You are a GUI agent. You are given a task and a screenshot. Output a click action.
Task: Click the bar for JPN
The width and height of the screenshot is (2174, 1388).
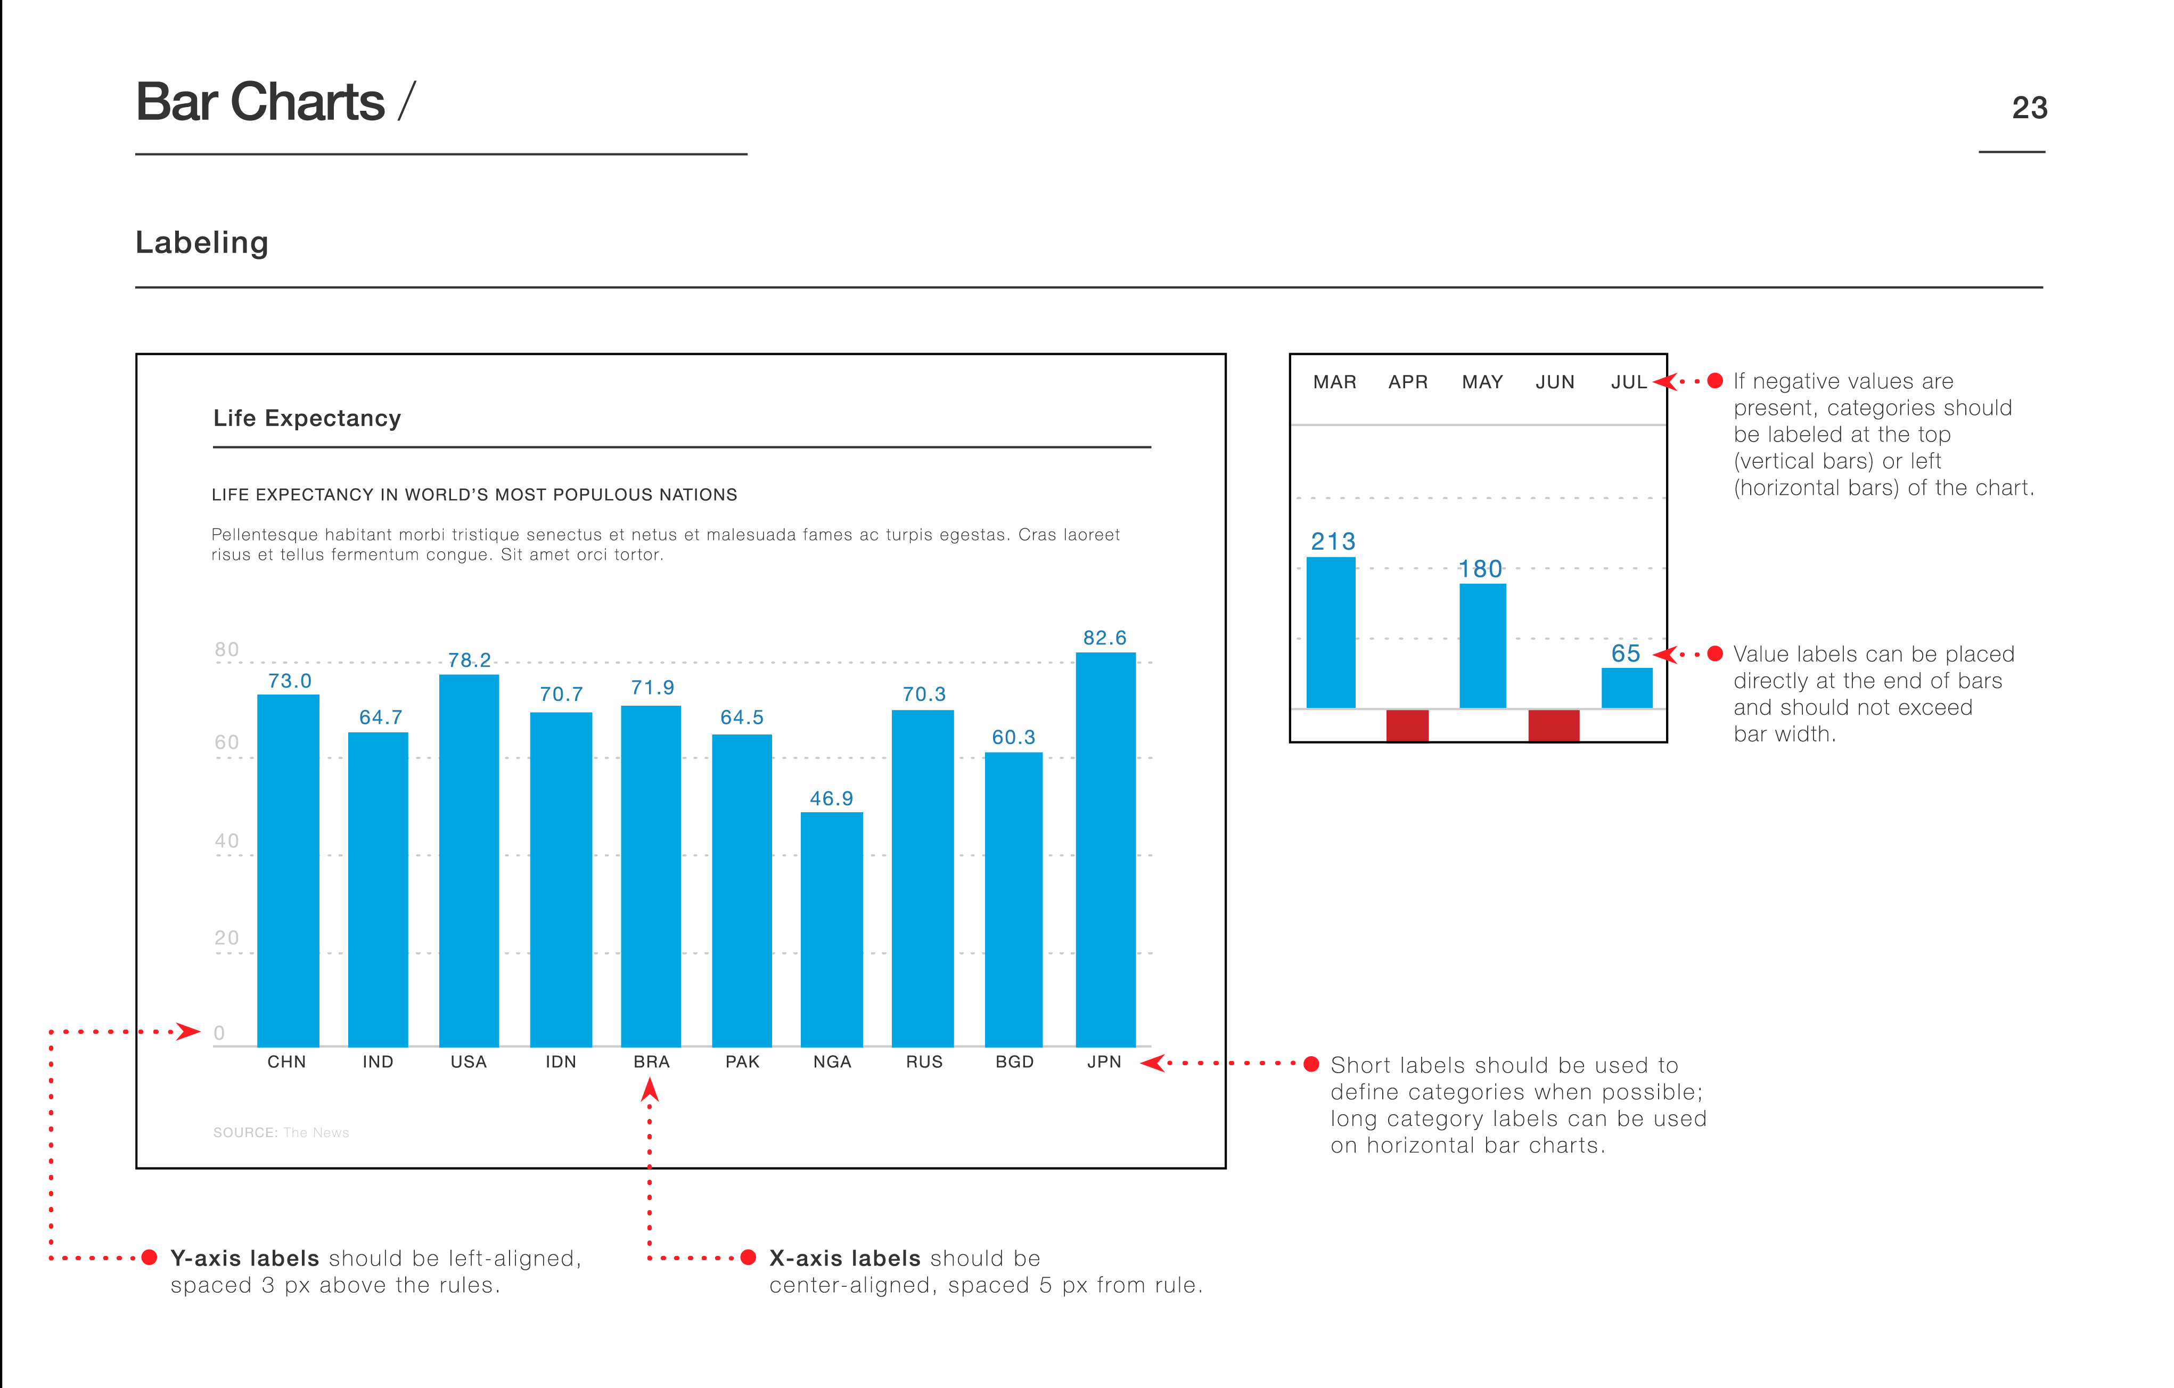pyautogui.click(x=1105, y=849)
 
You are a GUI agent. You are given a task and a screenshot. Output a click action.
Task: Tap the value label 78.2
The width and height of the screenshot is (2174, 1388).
pyautogui.click(x=470, y=660)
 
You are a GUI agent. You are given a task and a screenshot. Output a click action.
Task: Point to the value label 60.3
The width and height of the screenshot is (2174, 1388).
pyautogui.click(x=1013, y=737)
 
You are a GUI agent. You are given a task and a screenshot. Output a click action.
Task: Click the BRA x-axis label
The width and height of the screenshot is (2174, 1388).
pyautogui.click(x=651, y=1062)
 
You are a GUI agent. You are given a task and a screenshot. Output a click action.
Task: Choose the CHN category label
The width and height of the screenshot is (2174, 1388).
pyautogui.click(x=286, y=1062)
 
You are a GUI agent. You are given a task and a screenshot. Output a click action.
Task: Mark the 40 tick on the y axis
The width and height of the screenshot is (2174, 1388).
pyautogui.click(x=227, y=841)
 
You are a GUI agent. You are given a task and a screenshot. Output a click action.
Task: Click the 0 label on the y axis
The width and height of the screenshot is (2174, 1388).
pyautogui.click(x=219, y=1032)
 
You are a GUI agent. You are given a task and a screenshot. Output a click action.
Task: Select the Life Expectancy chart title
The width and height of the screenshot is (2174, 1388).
pyautogui.click(x=307, y=418)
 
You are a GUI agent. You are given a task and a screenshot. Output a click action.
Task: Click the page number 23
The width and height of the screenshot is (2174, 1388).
pyautogui.click(x=2029, y=108)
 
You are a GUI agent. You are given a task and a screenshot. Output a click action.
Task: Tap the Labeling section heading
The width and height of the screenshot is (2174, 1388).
pyautogui.click(x=202, y=243)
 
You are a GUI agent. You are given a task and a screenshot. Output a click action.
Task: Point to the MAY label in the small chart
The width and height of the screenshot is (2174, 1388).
pyautogui.click(x=1481, y=382)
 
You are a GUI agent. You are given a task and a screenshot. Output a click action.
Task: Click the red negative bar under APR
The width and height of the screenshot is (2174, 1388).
pyautogui.click(x=1407, y=725)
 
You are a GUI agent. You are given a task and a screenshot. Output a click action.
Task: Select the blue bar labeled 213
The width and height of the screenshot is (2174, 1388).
pyautogui.click(x=1331, y=632)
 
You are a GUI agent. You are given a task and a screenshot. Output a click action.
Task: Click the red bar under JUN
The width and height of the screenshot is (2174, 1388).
pyautogui.click(x=1553, y=725)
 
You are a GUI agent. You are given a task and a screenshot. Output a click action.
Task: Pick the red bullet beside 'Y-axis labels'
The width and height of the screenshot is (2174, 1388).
pyautogui.click(x=150, y=1257)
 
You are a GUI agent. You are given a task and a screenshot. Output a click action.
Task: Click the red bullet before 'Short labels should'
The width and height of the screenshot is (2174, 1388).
pyautogui.click(x=1311, y=1064)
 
